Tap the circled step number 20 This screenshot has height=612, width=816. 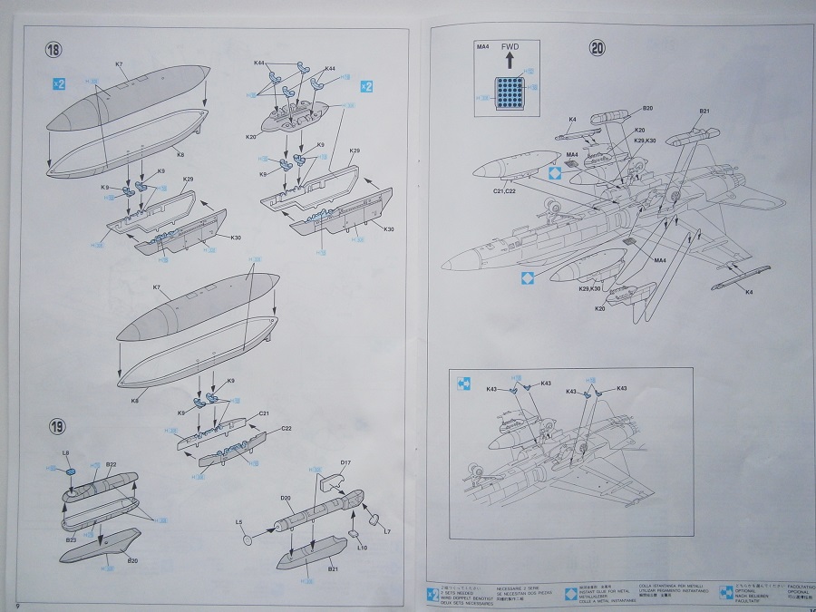point(597,49)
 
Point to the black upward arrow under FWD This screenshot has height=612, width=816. point(510,62)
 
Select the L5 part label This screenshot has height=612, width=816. point(238,522)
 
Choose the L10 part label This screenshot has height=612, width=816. point(362,548)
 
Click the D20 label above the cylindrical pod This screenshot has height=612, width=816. point(285,498)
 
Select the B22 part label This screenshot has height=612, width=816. point(111,465)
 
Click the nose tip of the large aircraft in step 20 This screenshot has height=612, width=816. point(443,265)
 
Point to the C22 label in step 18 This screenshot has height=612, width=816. point(286,428)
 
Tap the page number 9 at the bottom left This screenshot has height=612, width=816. point(17,603)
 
